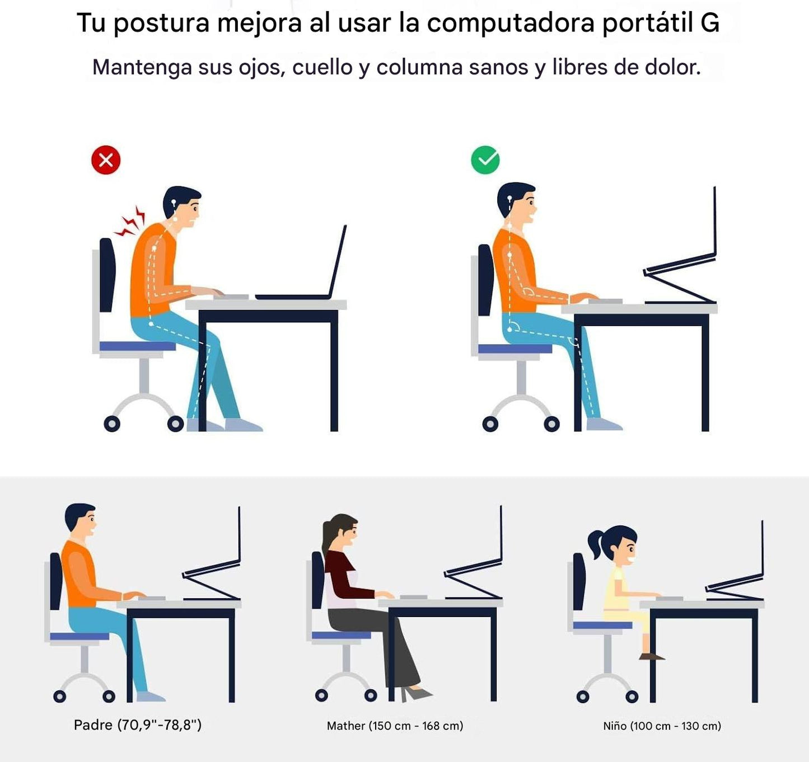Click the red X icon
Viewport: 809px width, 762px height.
[106, 160]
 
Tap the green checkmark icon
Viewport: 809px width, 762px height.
[485, 159]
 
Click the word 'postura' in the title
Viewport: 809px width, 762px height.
[161, 23]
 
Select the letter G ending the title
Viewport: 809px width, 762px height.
[710, 23]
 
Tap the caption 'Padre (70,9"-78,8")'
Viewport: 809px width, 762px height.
[138, 725]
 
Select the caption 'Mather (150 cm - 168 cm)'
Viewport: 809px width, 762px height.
[395, 726]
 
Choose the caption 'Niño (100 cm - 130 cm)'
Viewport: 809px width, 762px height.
[662, 726]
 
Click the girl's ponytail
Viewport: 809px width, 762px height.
[595, 543]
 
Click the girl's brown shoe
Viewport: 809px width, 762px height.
[651, 656]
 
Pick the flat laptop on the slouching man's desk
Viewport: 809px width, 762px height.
[301, 263]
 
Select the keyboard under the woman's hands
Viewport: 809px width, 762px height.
[414, 597]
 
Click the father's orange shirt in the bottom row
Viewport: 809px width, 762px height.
[80, 573]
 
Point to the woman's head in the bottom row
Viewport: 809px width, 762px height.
[342, 531]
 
